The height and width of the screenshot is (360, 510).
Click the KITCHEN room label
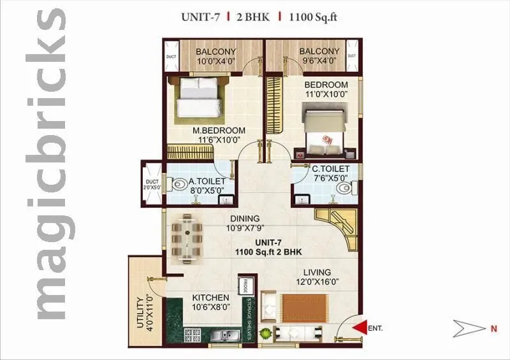pyautogui.click(x=211, y=298)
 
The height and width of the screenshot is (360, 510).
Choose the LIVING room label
pyautogui.click(x=312, y=273)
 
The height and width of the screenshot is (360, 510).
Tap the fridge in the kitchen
pyautogui.click(x=244, y=285)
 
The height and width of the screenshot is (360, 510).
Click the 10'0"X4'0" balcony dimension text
pyautogui.click(x=215, y=62)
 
